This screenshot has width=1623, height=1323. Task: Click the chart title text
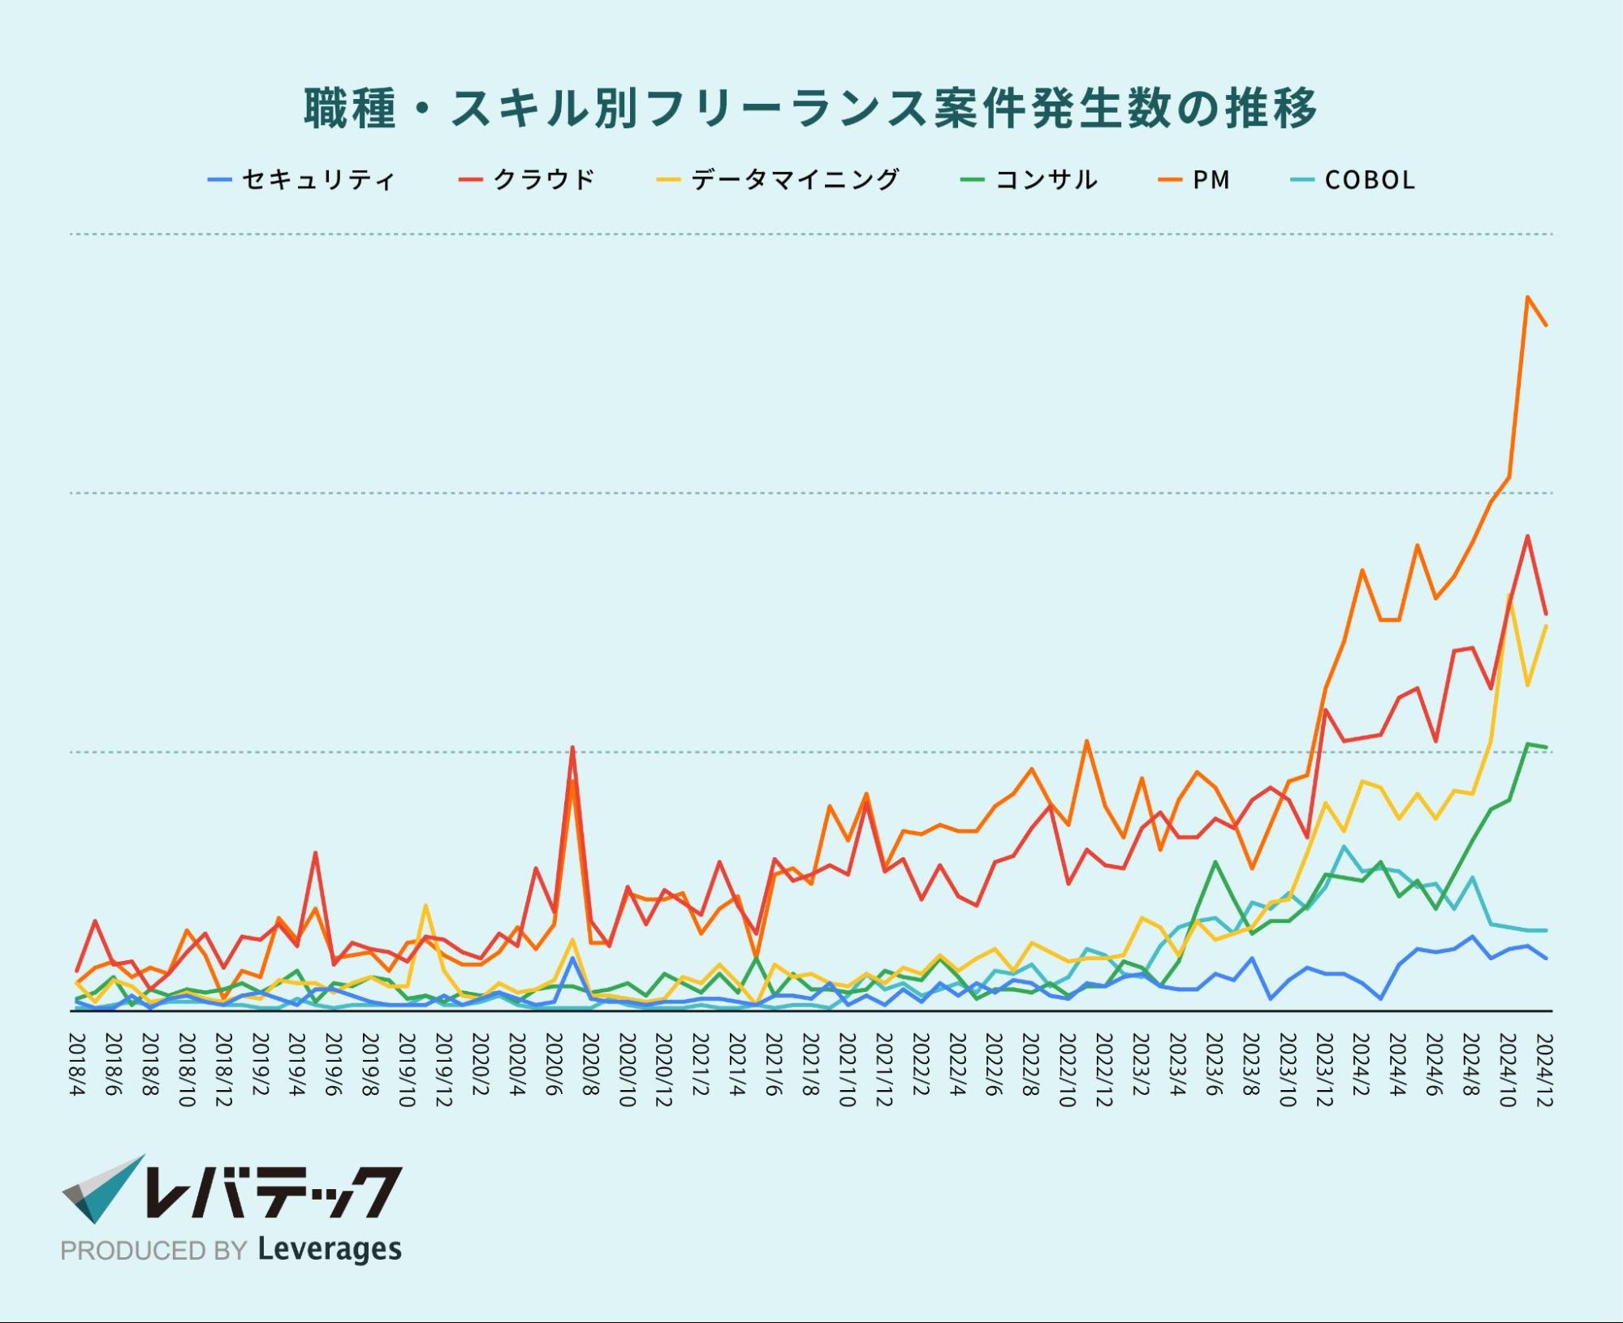coord(810,108)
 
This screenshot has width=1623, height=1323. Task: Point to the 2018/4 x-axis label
coord(78,1064)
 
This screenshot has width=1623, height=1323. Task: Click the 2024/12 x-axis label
coord(1544,1070)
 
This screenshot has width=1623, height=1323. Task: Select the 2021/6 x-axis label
coord(774,1064)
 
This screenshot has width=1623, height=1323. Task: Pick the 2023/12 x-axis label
coord(1324,1070)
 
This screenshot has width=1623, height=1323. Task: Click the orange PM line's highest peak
coord(1527,297)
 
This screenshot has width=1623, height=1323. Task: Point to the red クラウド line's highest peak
coord(1527,536)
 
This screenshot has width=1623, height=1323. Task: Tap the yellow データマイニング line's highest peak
coord(1509,596)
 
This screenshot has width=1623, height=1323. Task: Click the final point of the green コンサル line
coord(1546,747)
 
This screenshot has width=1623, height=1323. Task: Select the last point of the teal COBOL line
coord(1546,930)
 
